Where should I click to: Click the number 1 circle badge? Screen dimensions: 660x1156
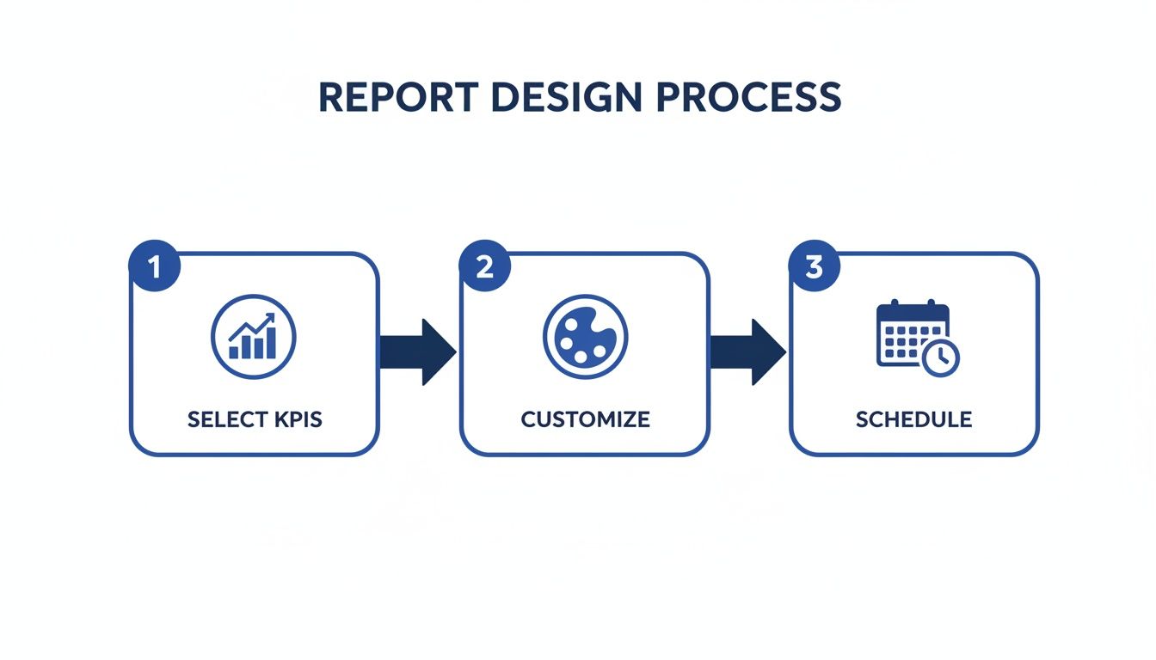pyautogui.click(x=155, y=267)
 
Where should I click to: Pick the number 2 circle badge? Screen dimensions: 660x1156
pyautogui.click(x=485, y=267)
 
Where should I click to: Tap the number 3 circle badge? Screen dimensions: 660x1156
pyautogui.click(x=815, y=267)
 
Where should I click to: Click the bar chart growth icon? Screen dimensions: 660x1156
pyautogui.click(x=254, y=337)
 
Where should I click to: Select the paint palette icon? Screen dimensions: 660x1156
pyautogui.click(x=585, y=337)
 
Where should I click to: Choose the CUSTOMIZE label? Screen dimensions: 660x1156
pyautogui.click(x=585, y=419)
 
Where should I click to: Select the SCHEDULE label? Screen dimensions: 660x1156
pyautogui.click(x=913, y=419)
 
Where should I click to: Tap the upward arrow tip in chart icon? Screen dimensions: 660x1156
pyautogui.click(x=272, y=317)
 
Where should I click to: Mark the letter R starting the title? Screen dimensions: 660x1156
pyautogui.click(x=330, y=97)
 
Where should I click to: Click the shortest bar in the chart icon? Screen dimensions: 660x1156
pyautogui.click(x=234, y=352)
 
